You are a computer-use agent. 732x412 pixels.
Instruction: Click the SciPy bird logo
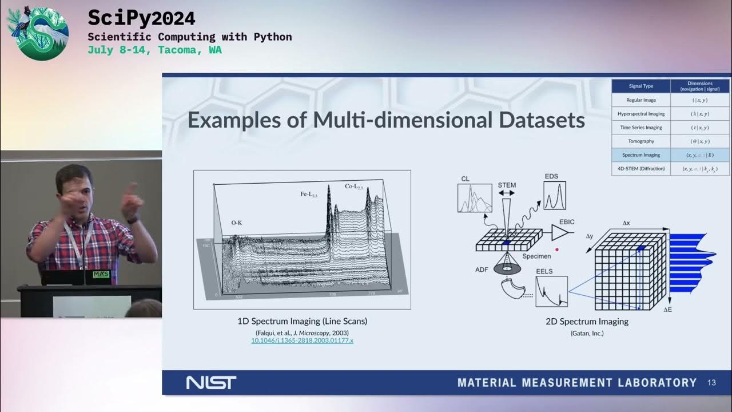38,33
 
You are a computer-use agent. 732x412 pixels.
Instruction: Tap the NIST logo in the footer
211,383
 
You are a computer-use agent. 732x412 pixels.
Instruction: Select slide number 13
711,383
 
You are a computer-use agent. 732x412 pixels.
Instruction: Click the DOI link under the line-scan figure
302,340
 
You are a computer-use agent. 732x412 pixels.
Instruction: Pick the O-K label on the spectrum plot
236,223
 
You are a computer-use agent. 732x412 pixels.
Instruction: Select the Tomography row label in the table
640,141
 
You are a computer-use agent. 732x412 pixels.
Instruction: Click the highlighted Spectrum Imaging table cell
640,154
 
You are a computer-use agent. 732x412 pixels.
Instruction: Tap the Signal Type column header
640,86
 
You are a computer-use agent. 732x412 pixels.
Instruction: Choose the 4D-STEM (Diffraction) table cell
640,169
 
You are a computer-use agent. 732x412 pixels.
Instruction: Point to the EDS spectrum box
555,195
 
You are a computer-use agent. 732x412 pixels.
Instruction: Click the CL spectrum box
475,199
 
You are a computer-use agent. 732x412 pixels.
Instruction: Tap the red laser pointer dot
556,249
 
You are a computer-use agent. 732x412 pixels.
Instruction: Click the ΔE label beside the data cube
668,310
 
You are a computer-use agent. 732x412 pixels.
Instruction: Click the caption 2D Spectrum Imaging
587,322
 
